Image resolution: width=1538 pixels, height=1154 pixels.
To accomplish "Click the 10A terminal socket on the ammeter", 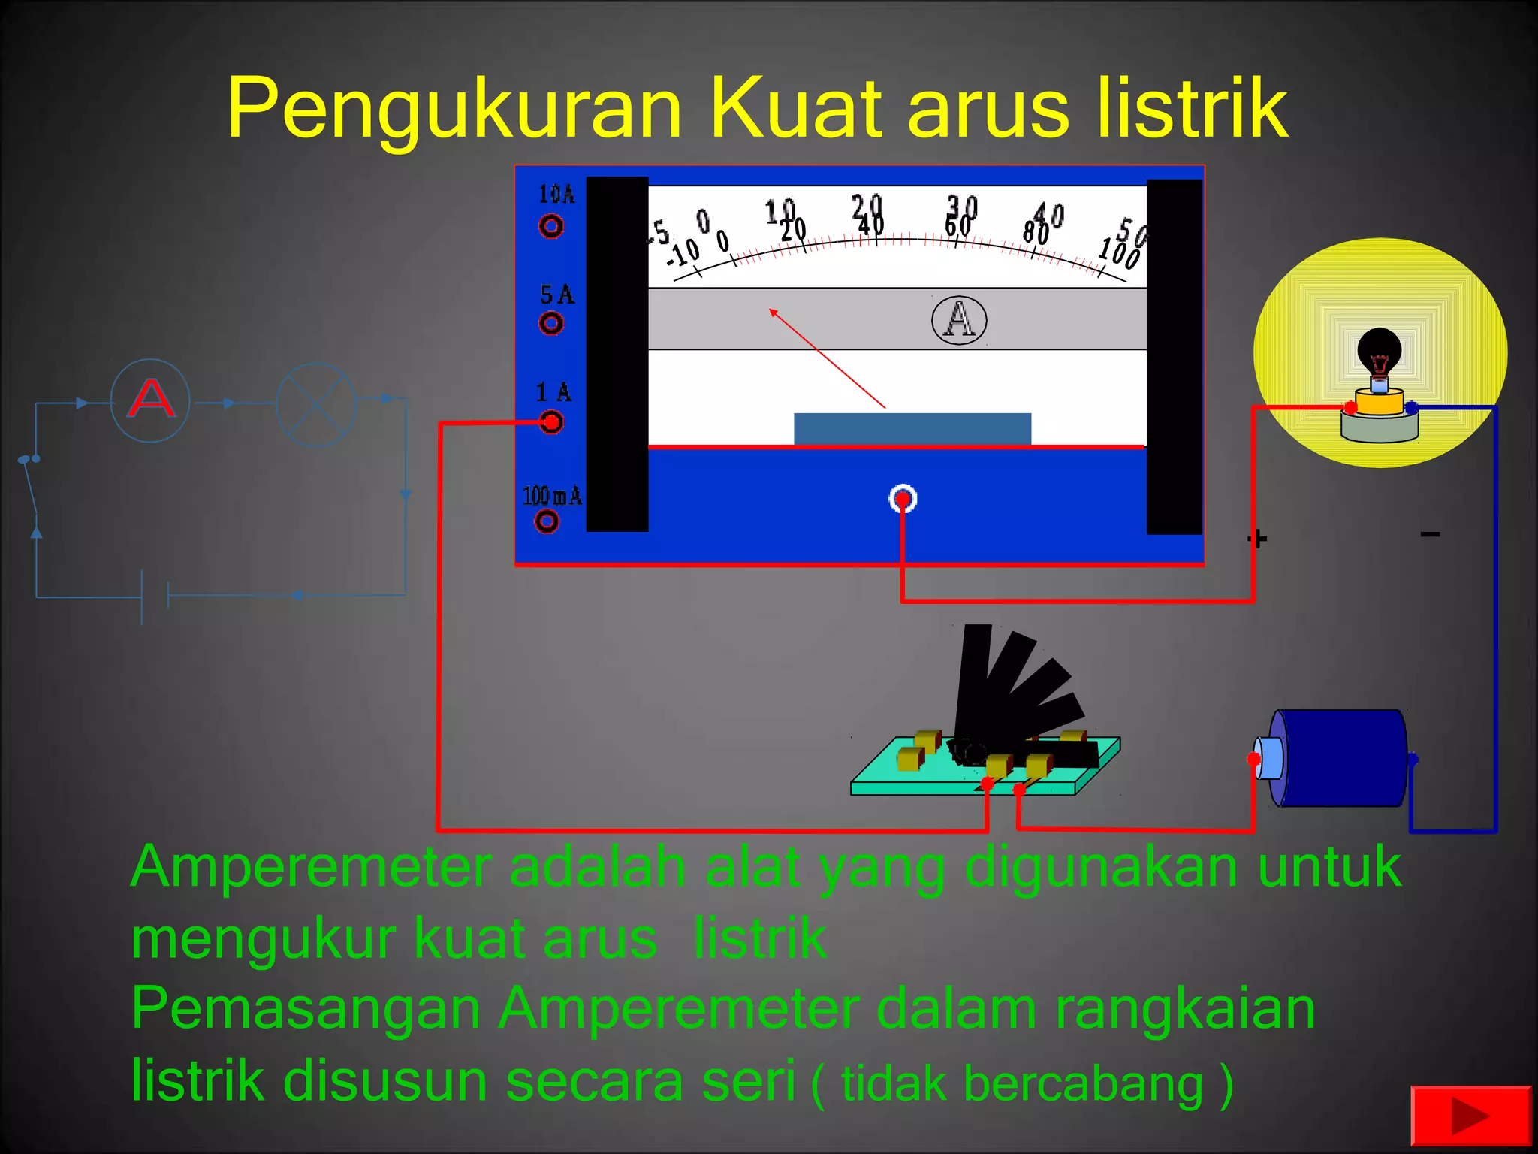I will point(550,225).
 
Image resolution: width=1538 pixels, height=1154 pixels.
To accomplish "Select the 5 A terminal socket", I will point(550,323).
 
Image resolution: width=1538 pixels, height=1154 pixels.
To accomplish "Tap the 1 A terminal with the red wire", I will point(551,422).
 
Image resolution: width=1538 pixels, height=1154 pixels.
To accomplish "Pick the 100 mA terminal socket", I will point(547,521).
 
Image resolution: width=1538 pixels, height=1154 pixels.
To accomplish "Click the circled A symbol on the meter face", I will point(959,319).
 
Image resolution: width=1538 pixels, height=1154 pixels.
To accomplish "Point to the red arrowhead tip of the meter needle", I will point(771,310).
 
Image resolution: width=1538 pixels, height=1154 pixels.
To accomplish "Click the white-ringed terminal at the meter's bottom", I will point(903,499).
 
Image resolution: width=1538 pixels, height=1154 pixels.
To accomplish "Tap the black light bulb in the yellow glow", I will point(1379,353).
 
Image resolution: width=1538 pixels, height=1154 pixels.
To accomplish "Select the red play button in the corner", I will point(1470,1116).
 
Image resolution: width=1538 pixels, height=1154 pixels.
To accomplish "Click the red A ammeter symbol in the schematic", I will point(150,400).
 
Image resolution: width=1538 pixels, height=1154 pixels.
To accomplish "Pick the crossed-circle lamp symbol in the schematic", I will point(316,404).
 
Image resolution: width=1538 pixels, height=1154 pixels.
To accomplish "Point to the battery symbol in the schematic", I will point(155,597).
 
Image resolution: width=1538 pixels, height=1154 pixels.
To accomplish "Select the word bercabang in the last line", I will point(1083,1084).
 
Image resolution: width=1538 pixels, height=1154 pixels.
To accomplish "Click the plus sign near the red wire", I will point(1257,539).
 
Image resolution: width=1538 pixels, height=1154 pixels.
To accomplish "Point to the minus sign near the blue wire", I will point(1430,534).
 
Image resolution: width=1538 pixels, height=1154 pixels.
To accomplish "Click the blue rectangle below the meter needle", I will point(912,428).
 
